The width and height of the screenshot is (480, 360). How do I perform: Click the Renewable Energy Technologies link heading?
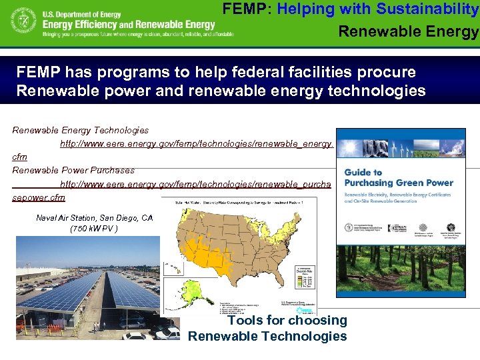(80, 130)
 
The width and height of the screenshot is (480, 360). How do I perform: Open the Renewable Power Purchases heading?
(73, 170)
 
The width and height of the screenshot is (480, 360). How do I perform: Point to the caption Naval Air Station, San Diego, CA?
(94, 218)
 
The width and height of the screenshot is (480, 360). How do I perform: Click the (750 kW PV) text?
(94, 229)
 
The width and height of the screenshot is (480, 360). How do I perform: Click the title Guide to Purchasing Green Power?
(398, 178)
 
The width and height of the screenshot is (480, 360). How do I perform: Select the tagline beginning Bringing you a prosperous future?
(137, 34)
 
